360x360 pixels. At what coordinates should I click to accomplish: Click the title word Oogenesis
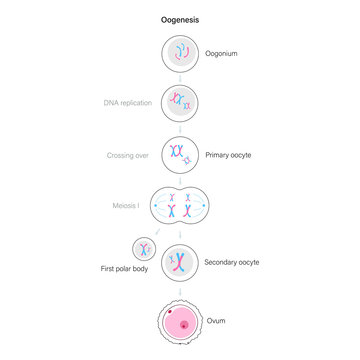[180, 19]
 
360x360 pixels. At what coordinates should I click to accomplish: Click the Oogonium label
[222, 53]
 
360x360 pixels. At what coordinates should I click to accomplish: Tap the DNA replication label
[127, 102]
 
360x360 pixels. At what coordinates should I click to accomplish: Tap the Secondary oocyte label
[232, 261]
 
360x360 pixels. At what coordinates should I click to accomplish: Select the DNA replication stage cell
[181, 102]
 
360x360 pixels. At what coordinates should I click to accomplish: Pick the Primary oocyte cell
[181, 154]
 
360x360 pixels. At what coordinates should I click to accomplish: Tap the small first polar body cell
[144, 248]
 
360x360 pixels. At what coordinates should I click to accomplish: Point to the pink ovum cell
[181, 323]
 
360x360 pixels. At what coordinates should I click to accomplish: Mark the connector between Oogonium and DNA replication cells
[181, 77]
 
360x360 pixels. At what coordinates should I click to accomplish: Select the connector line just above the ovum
[181, 289]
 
